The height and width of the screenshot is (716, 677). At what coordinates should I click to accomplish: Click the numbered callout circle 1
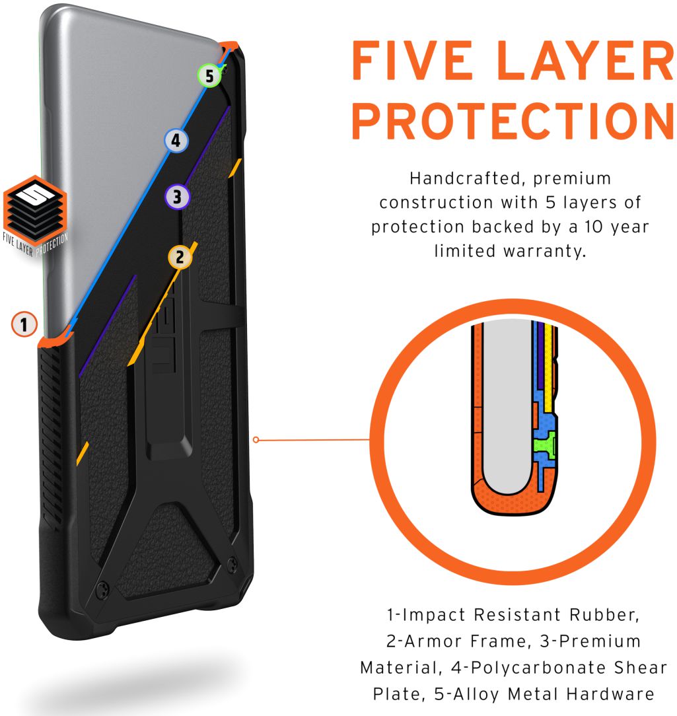[24, 324]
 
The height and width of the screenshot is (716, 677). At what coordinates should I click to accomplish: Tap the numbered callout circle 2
[180, 257]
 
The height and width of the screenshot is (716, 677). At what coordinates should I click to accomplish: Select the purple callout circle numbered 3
[177, 197]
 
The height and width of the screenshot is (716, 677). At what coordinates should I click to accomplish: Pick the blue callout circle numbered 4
[176, 140]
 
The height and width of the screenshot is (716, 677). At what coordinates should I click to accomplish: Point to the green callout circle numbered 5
[209, 75]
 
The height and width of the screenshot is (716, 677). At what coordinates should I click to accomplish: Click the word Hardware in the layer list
[611, 694]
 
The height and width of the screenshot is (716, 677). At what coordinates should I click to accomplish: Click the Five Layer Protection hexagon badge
[35, 215]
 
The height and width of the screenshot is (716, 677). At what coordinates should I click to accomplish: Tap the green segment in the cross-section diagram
[544, 445]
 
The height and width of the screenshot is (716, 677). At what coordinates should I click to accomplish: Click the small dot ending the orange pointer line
[256, 440]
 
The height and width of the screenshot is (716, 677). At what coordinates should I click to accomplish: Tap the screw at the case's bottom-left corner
[103, 590]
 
